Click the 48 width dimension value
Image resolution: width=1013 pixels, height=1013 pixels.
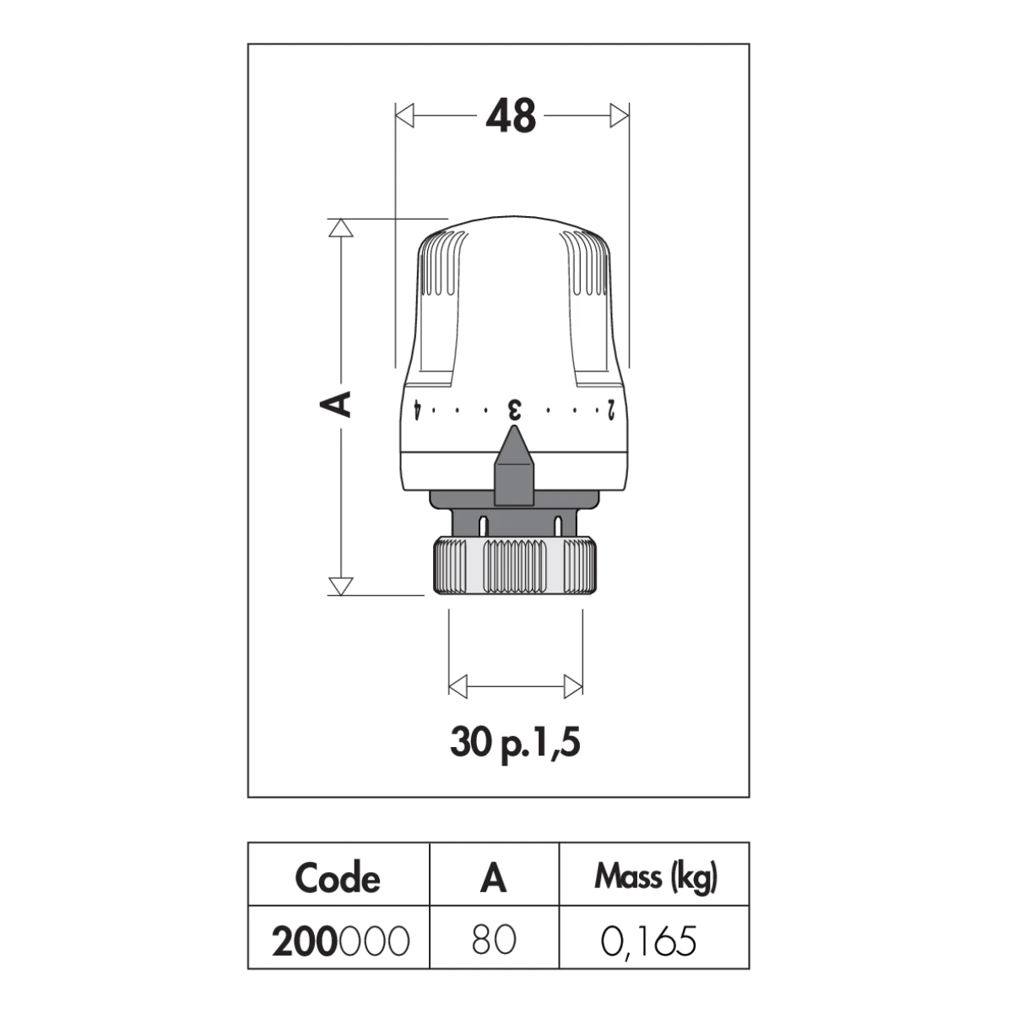pos(511,115)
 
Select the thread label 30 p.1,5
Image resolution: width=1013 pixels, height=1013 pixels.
pos(515,743)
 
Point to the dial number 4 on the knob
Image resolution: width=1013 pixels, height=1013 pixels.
pos(416,410)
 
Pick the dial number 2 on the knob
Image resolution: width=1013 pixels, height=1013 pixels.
pos(610,410)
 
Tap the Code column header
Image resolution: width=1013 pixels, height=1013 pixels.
pos(338,878)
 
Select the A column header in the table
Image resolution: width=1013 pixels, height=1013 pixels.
pos(493,878)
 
